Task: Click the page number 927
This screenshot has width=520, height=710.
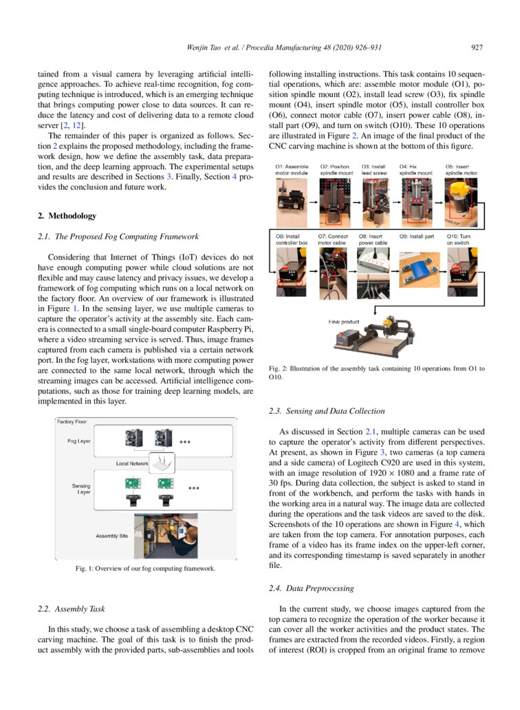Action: [x=477, y=48]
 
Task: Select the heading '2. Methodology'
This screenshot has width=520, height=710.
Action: [x=67, y=216]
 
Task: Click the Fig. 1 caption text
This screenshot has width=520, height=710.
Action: [x=145, y=569]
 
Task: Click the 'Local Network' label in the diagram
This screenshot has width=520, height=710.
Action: [x=132, y=463]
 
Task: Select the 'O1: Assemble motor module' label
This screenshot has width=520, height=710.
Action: [x=292, y=170]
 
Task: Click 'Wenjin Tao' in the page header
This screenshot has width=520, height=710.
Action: [x=206, y=48]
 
